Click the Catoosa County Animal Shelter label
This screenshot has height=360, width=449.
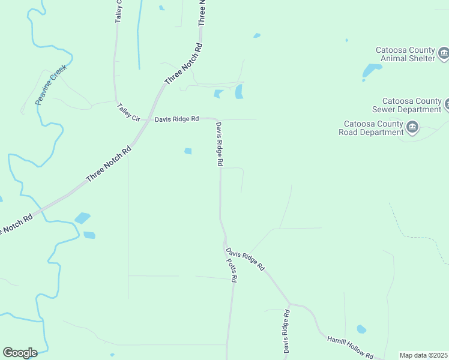pyautogui.click(x=405, y=54)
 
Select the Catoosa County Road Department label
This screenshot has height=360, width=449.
pyautogui.click(x=371, y=128)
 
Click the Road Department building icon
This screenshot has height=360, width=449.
pyautogui.click(x=412, y=127)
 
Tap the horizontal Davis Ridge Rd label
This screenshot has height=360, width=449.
pyautogui.click(x=176, y=119)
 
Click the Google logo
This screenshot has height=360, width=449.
pyautogui.click(x=20, y=352)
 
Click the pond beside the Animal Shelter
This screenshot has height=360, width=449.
pyautogui.click(x=371, y=71)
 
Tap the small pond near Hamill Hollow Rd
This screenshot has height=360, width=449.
pyautogui.click(x=361, y=329)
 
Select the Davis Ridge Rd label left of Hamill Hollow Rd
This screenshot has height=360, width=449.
pyautogui.click(x=287, y=331)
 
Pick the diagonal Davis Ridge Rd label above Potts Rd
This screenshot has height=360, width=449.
pyautogui.click(x=245, y=259)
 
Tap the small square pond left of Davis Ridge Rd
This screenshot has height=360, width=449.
pyautogui.click(x=188, y=151)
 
